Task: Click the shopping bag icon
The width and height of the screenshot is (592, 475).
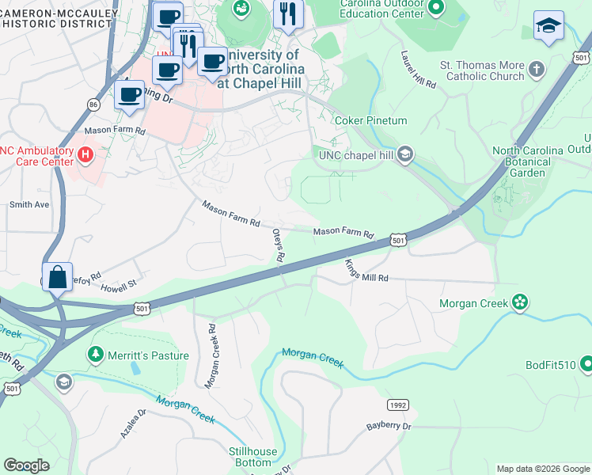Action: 58,278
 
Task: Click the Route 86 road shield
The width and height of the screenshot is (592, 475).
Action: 93,103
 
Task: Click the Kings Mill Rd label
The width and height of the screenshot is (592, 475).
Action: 366,273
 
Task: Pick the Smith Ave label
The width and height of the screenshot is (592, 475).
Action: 29,204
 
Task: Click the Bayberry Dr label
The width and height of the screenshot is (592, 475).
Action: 389,426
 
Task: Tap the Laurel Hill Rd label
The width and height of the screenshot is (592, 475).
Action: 418,70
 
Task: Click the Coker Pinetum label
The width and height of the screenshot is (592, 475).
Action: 370,120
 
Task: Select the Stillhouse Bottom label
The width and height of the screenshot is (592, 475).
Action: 253,457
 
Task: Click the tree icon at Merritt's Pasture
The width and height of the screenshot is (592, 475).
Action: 95,352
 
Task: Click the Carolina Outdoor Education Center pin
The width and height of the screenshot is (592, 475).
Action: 435,9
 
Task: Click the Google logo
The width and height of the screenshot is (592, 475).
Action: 26,465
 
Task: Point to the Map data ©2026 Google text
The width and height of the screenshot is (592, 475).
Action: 543,469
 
